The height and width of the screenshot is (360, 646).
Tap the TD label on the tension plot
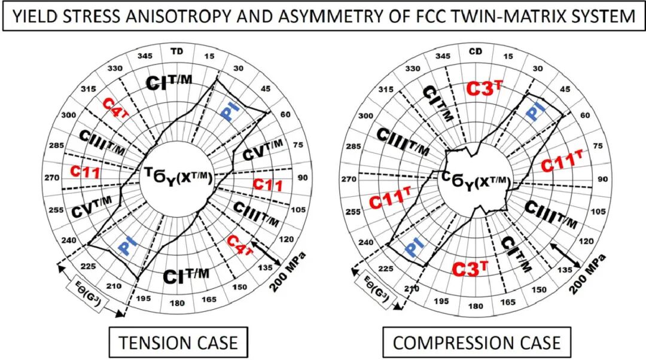(177, 51)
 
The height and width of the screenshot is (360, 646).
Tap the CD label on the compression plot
(476, 51)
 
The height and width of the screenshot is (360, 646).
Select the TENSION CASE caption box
(178, 343)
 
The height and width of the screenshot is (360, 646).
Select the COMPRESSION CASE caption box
(477, 343)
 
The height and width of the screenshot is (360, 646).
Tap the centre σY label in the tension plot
(178, 178)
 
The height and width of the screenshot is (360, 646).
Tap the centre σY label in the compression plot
(476, 179)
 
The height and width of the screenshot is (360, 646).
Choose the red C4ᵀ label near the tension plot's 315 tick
(113, 106)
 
